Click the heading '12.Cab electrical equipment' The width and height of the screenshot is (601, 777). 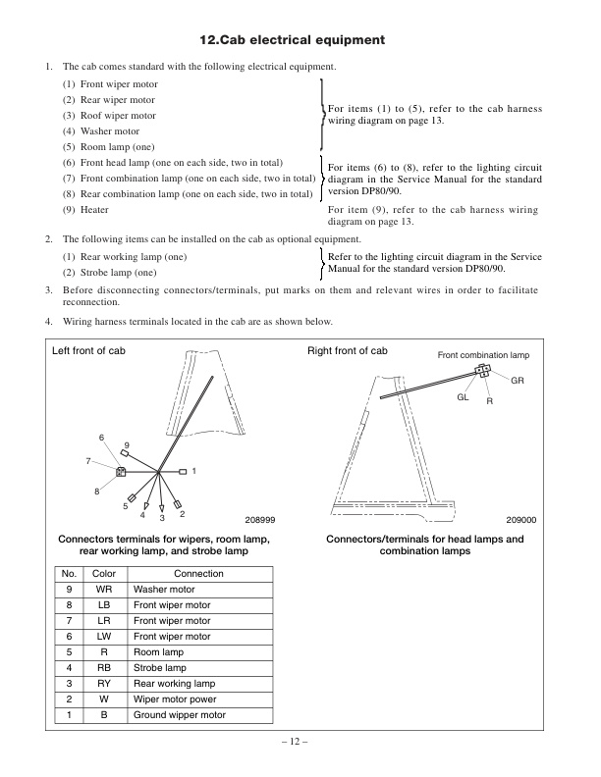pyautogui.click(x=292, y=40)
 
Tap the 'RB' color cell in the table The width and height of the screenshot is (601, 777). pyautogui.click(x=104, y=668)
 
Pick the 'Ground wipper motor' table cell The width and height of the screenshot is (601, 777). pyautogui.click(x=180, y=715)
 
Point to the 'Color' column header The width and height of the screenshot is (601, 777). pyautogui.click(x=104, y=574)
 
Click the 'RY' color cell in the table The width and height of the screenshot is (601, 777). pyautogui.click(x=104, y=684)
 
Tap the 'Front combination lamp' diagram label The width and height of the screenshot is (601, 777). pyautogui.click(x=482, y=355)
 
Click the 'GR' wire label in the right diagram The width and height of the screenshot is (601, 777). pyautogui.click(x=517, y=379)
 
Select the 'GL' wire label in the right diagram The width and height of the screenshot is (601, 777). pyautogui.click(x=463, y=397)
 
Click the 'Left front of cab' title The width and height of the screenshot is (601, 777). pyautogui.click(x=89, y=351)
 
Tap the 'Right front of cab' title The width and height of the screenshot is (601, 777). pyautogui.click(x=348, y=351)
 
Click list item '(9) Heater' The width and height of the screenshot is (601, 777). pyautogui.click(x=85, y=210)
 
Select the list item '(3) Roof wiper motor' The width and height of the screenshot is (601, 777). pyautogui.click(x=110, y=116)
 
